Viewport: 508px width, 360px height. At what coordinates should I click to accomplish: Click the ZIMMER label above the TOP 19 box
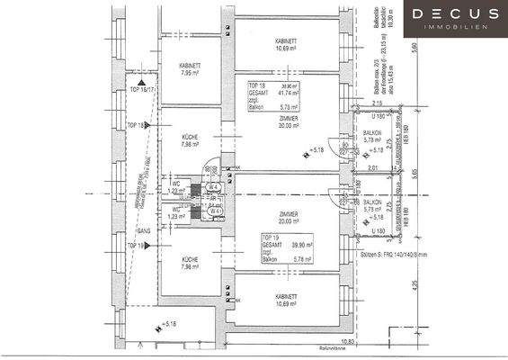(288, 217)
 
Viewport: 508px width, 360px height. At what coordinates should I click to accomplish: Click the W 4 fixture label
(215, 186)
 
